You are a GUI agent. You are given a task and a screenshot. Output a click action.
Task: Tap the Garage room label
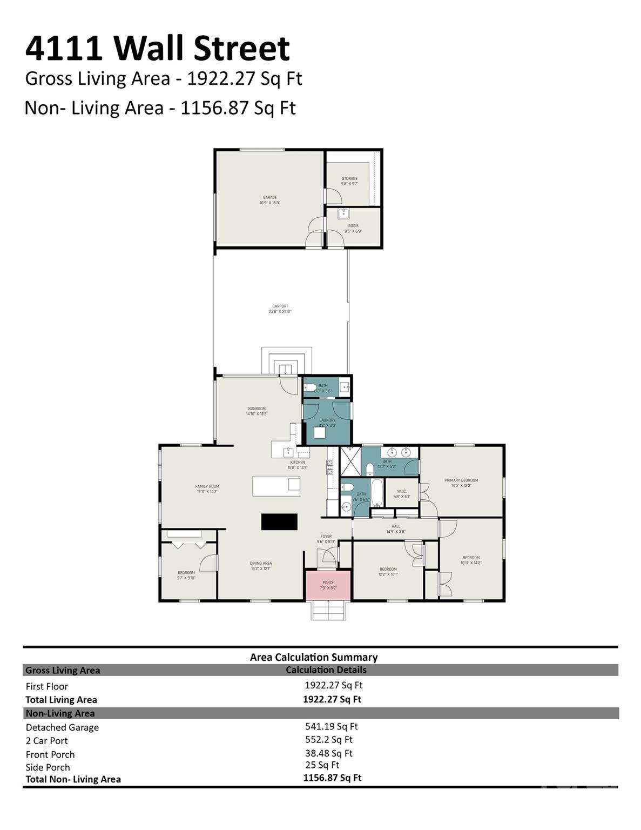(270, 200)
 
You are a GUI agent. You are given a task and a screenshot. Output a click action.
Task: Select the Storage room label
(349, 181)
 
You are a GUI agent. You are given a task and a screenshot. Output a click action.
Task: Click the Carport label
(280, 309)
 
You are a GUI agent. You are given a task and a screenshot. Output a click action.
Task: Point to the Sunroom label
(257, 411)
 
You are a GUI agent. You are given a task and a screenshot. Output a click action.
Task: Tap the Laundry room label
(327, 423)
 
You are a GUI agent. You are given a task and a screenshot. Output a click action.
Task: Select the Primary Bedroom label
(461, 483)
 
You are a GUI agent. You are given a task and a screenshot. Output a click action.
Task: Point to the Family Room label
(207, 489)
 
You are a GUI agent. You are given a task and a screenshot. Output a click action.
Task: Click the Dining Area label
(260, 566)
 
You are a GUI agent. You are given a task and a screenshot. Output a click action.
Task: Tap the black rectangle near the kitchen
(279, 521)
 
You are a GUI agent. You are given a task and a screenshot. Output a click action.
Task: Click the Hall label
(396, 528)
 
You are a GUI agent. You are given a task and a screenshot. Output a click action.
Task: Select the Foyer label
(326, 539)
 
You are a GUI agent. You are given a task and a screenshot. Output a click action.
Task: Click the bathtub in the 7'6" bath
(377, 493)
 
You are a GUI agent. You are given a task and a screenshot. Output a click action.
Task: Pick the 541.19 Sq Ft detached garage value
(331, 727)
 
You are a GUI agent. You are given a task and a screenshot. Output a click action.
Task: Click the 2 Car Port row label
(47, 741)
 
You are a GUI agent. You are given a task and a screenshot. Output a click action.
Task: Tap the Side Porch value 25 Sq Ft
(322, 765)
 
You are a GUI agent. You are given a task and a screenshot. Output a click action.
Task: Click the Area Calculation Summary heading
(313, 657)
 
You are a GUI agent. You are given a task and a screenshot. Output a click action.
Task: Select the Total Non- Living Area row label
(73, 779)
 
